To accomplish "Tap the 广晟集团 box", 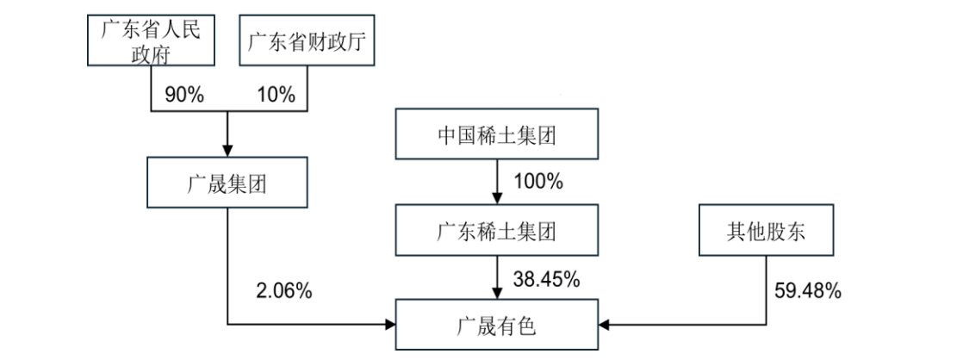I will tap(227, 183).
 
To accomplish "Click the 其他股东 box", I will tap(767, 232).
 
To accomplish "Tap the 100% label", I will tap(538, 183).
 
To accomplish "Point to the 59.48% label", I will tap(810, 291).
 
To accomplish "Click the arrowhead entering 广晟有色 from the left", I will tap(388, 326).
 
